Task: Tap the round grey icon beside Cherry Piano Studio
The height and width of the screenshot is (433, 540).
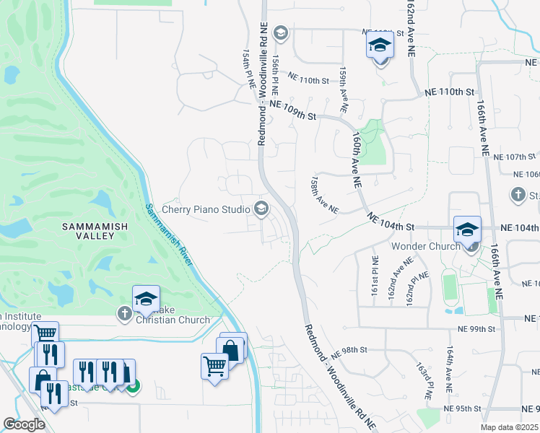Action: point(261,209)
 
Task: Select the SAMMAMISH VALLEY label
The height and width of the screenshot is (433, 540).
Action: point(93,226)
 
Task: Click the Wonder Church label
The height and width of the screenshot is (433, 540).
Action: point(425,246)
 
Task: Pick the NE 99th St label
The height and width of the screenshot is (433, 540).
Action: point(476,328)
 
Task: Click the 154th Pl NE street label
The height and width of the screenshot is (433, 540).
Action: point(249,69)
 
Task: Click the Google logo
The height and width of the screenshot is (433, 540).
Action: point(25,424)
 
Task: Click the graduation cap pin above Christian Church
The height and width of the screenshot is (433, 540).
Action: point(146,300)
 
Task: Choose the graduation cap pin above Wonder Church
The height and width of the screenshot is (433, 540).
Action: point(467,230)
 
